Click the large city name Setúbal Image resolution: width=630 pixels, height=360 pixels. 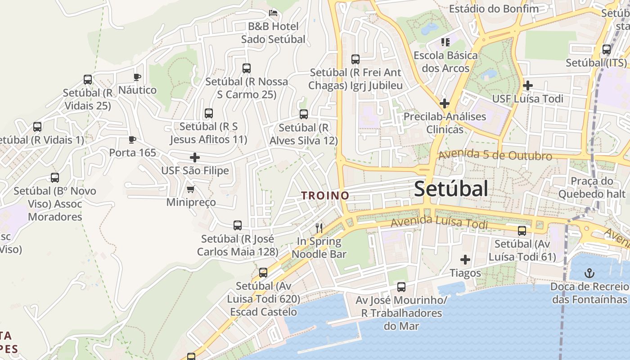(x=451, y=189)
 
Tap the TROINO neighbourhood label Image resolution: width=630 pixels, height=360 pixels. (x=325, y=195)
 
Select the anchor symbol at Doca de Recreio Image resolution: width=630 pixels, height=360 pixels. (x=589, y=273)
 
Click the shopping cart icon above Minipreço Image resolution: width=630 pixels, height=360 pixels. (x=190, y=189)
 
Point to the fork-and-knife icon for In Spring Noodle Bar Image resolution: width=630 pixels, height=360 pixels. (x=319, y=228)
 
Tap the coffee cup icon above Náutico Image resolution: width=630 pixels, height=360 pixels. (x=137, y=77)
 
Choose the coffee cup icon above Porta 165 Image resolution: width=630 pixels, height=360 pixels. (x=132, y=139)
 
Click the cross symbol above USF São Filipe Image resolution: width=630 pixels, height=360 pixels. (x=195, y=157)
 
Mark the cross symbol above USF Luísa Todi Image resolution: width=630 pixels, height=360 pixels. (x=528, y=85)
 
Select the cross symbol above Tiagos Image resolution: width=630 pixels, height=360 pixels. (x=465, y=260)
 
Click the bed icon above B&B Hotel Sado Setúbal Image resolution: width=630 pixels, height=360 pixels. (x=273, y=13)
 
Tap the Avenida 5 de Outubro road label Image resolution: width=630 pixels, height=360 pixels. (x=495, y=155)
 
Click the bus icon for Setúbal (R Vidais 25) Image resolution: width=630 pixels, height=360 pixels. (x=88, y=80)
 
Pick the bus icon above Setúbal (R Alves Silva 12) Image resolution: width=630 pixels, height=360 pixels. (x=304, y=114)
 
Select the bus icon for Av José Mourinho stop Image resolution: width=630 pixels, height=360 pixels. (x=401, y=287)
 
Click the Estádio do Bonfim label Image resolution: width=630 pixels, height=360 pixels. (x=494, y=9)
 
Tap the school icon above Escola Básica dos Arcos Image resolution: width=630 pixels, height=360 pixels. (x=445, y=42)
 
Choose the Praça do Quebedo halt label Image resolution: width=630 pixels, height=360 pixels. (x=592, y=188)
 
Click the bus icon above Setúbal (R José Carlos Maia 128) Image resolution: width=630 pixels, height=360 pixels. (x=238, y=225)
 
